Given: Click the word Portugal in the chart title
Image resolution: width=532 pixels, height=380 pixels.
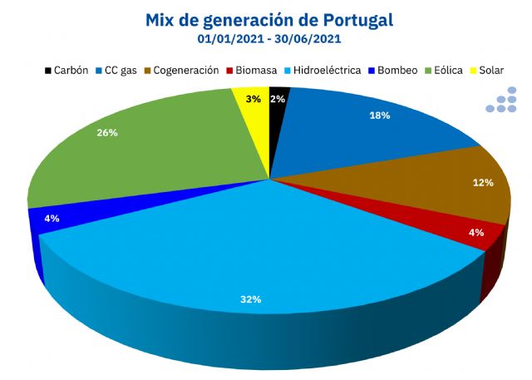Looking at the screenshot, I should tap(347, 18).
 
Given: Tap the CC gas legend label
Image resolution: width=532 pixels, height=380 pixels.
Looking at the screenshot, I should tap(121, 71).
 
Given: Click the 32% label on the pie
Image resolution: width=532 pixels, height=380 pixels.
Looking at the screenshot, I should tap(250, 299).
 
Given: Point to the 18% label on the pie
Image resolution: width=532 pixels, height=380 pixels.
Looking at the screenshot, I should tap(379, 116).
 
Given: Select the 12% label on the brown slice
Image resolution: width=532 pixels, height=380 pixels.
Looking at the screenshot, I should tap(483, 182).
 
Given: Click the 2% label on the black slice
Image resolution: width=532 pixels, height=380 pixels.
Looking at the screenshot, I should tap(278, 99).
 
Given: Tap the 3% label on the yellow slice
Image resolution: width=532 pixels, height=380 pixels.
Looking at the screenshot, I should tap(253, 99).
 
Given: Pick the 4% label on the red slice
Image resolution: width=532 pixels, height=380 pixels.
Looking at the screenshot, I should tap(475, 233).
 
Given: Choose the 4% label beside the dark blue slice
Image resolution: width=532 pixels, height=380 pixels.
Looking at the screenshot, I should tap(52, 219).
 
